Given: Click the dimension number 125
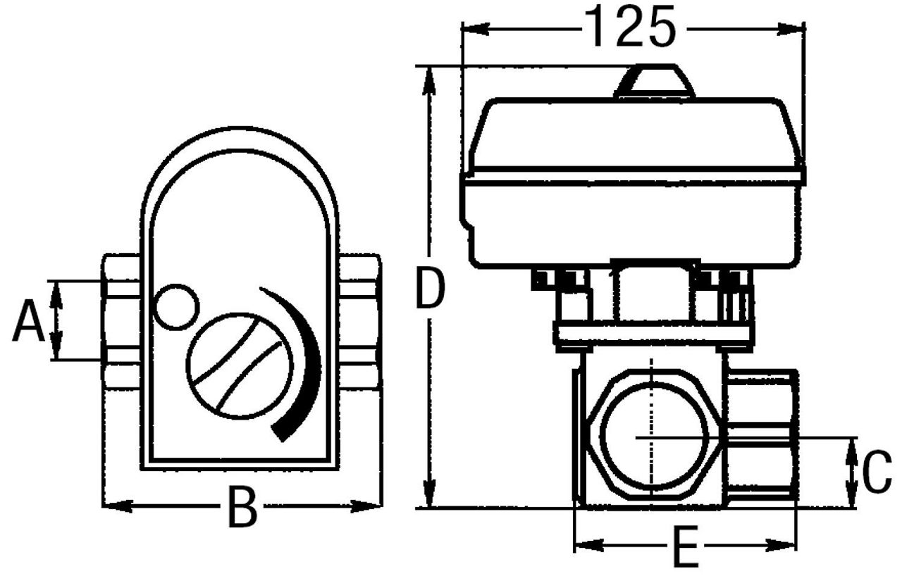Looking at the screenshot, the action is coord(630,27).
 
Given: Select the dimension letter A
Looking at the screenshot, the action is coord(28,320).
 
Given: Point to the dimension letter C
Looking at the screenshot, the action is coord(877,472).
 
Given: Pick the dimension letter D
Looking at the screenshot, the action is coord(430,287).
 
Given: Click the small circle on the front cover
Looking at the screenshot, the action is coord(176,307).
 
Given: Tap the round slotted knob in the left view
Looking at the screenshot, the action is coord(240,365).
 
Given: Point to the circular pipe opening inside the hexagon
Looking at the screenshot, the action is coord(653,436).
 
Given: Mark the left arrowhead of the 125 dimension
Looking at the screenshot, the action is coord(476,30).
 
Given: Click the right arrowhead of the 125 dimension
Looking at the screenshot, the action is coord(791,30).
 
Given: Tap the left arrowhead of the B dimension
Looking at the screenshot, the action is coord(118,506).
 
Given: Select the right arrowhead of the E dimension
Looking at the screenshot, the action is coord(781,546).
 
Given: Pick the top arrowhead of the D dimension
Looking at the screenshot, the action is coord(429,80).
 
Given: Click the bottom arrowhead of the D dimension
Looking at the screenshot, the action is coord(430,493).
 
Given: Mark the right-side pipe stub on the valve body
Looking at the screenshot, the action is coord(762,437).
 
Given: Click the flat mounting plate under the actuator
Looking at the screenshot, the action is coord(653,334).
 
